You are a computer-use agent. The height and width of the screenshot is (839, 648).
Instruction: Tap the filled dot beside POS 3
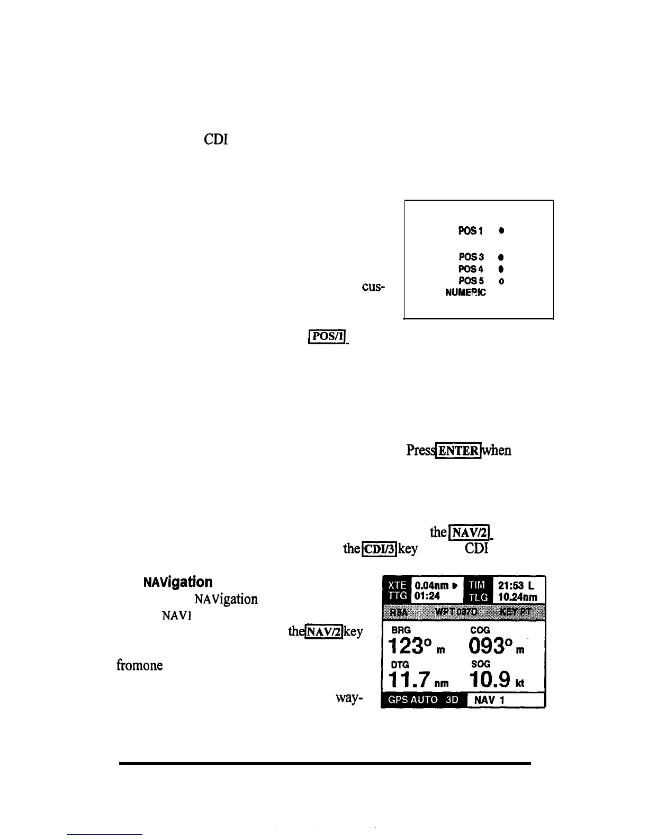[x=500, y=257]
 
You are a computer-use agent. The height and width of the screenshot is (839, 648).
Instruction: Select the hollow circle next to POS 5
[x=501, y=281]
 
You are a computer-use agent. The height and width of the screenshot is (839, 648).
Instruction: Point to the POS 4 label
[x=470, y=269]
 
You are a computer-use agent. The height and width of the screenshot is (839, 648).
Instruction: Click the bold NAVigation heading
[x=178, y=582]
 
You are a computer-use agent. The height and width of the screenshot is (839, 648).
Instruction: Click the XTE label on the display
[x=397, y=585]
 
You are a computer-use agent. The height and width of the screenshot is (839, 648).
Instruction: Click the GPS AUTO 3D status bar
[x=424, y=700]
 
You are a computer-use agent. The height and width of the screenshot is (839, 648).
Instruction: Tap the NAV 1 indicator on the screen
[x=489, y=700]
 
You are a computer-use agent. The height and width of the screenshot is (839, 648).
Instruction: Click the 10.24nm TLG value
[x=518, y=597]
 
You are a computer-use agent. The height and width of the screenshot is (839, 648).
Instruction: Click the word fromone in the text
[x=139, y=665]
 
